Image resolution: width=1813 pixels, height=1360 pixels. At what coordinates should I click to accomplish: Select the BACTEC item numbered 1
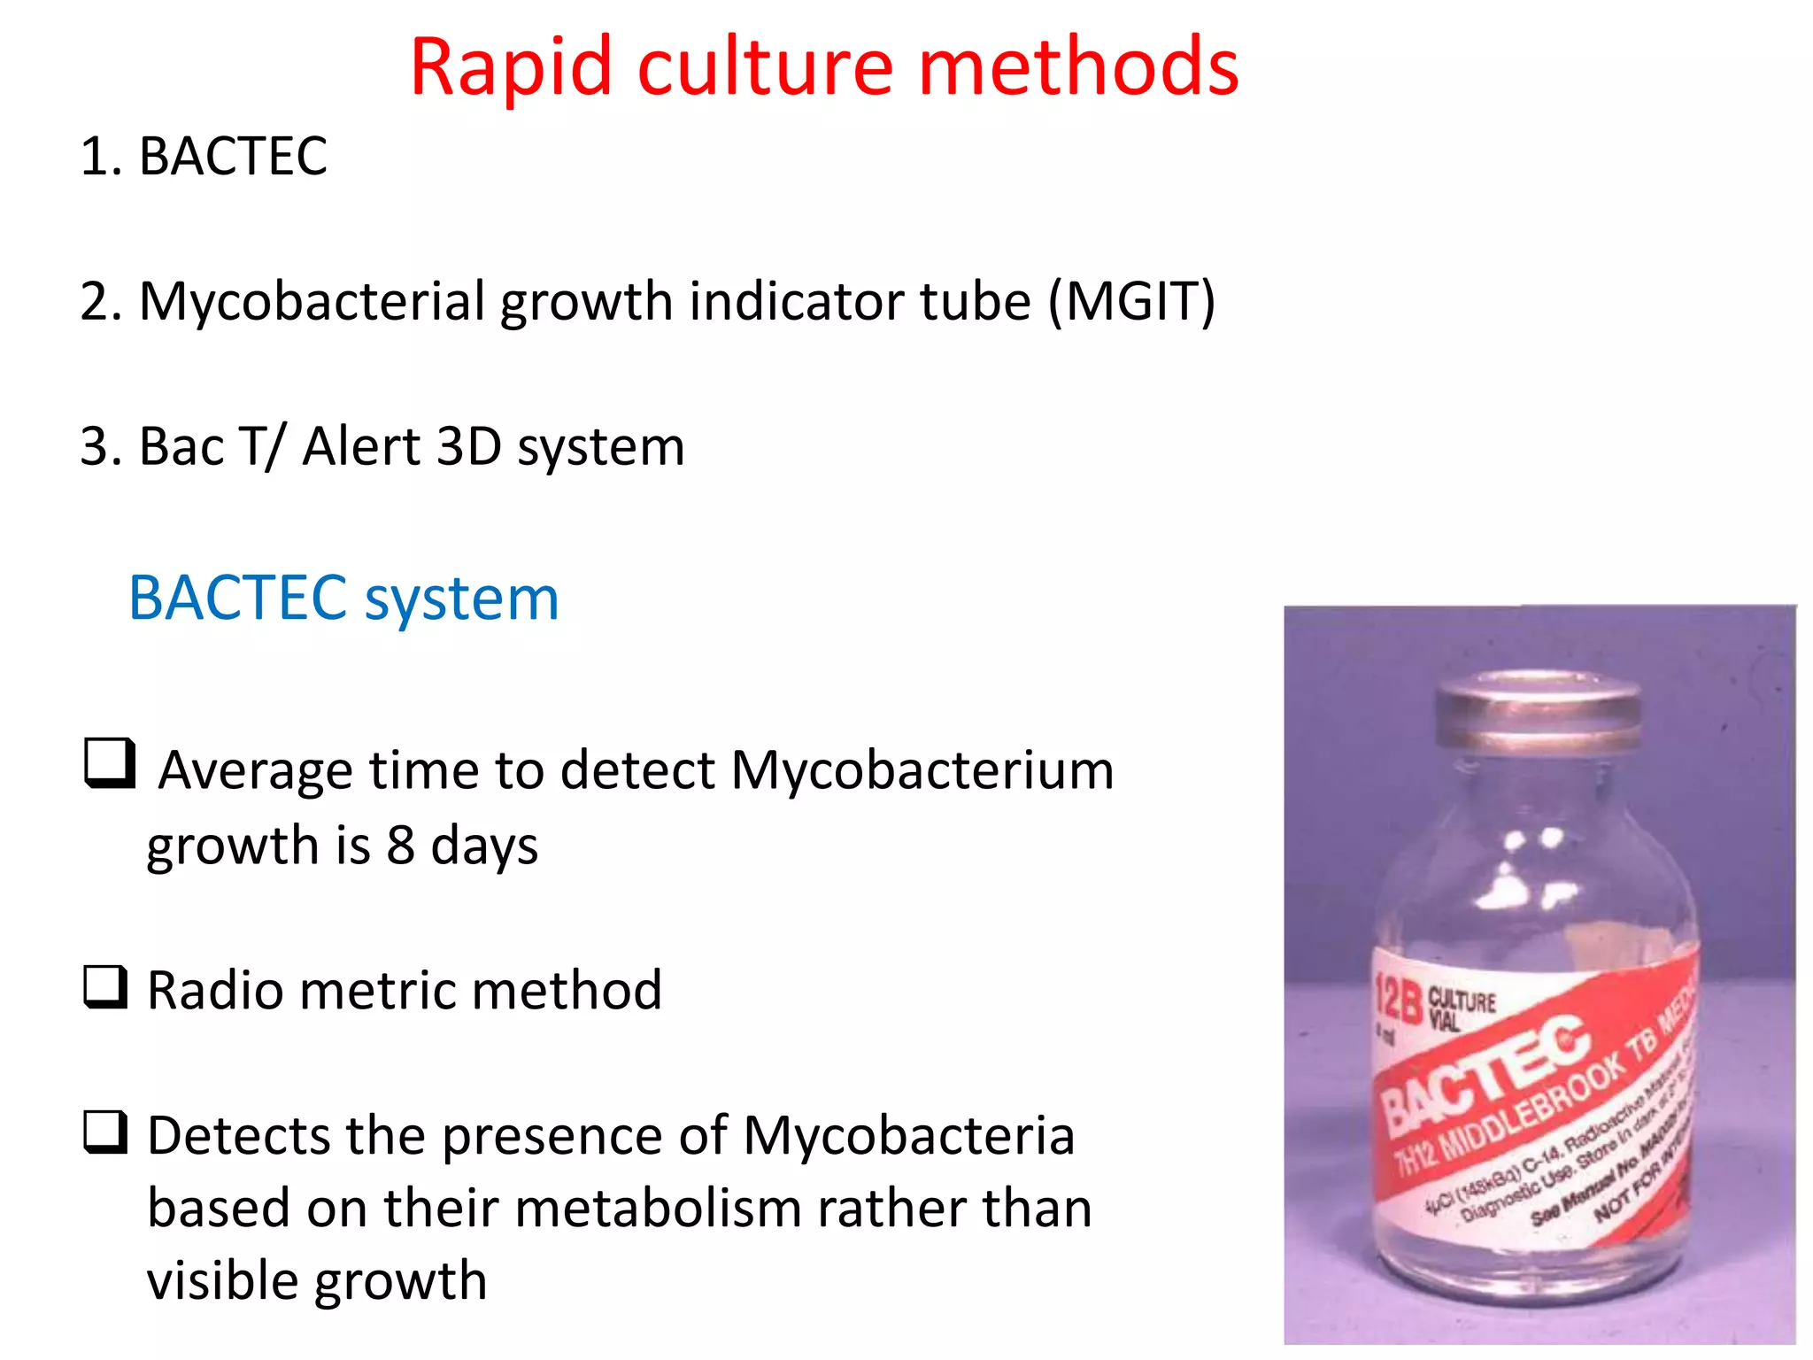[233, 157]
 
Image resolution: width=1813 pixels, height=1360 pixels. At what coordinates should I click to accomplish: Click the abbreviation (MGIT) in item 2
[1131, 301]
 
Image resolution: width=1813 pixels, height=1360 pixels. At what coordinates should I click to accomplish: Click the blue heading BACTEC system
[343, 599]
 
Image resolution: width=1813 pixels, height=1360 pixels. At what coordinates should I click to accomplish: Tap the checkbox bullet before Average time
[110, 762]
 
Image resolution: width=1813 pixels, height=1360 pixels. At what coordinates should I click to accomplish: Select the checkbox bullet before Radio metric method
[106, 986]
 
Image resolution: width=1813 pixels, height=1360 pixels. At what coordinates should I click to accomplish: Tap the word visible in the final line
[222, 1280]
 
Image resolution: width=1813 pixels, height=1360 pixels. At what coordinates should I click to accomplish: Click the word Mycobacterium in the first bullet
[922, 769]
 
